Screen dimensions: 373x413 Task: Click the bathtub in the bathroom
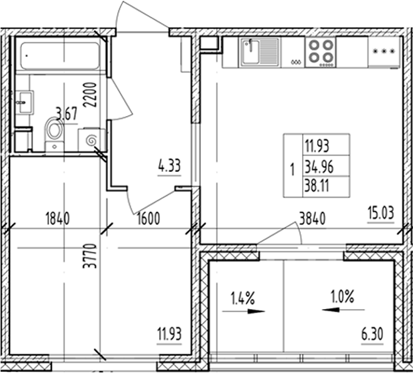point(59,56)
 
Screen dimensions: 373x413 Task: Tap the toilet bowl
point(55,132)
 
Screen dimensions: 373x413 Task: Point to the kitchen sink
point(259,52)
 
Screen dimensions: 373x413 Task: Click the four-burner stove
point(320,51)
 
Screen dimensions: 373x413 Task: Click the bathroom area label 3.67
point(67,113)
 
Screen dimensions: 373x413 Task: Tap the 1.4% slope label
point(241,299)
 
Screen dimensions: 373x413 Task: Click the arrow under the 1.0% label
point(336,310)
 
